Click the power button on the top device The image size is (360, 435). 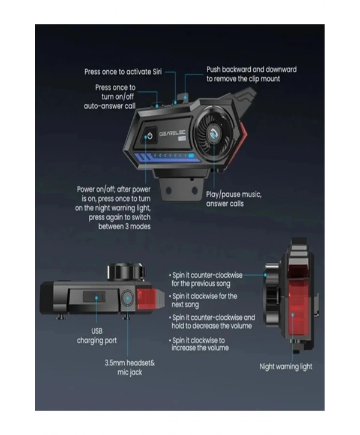[x=150, y=136]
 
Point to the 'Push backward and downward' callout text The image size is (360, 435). [x=251, y=74]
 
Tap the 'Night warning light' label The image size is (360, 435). [x=286, y=366]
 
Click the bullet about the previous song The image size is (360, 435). [x=207, y=279]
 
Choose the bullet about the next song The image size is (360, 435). [x=205, y=300]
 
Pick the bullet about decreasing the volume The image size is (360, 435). [x=213, y=322]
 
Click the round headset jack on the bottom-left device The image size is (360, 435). [x=128, y=298]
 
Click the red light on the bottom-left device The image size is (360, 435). [x=150, y=298]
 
